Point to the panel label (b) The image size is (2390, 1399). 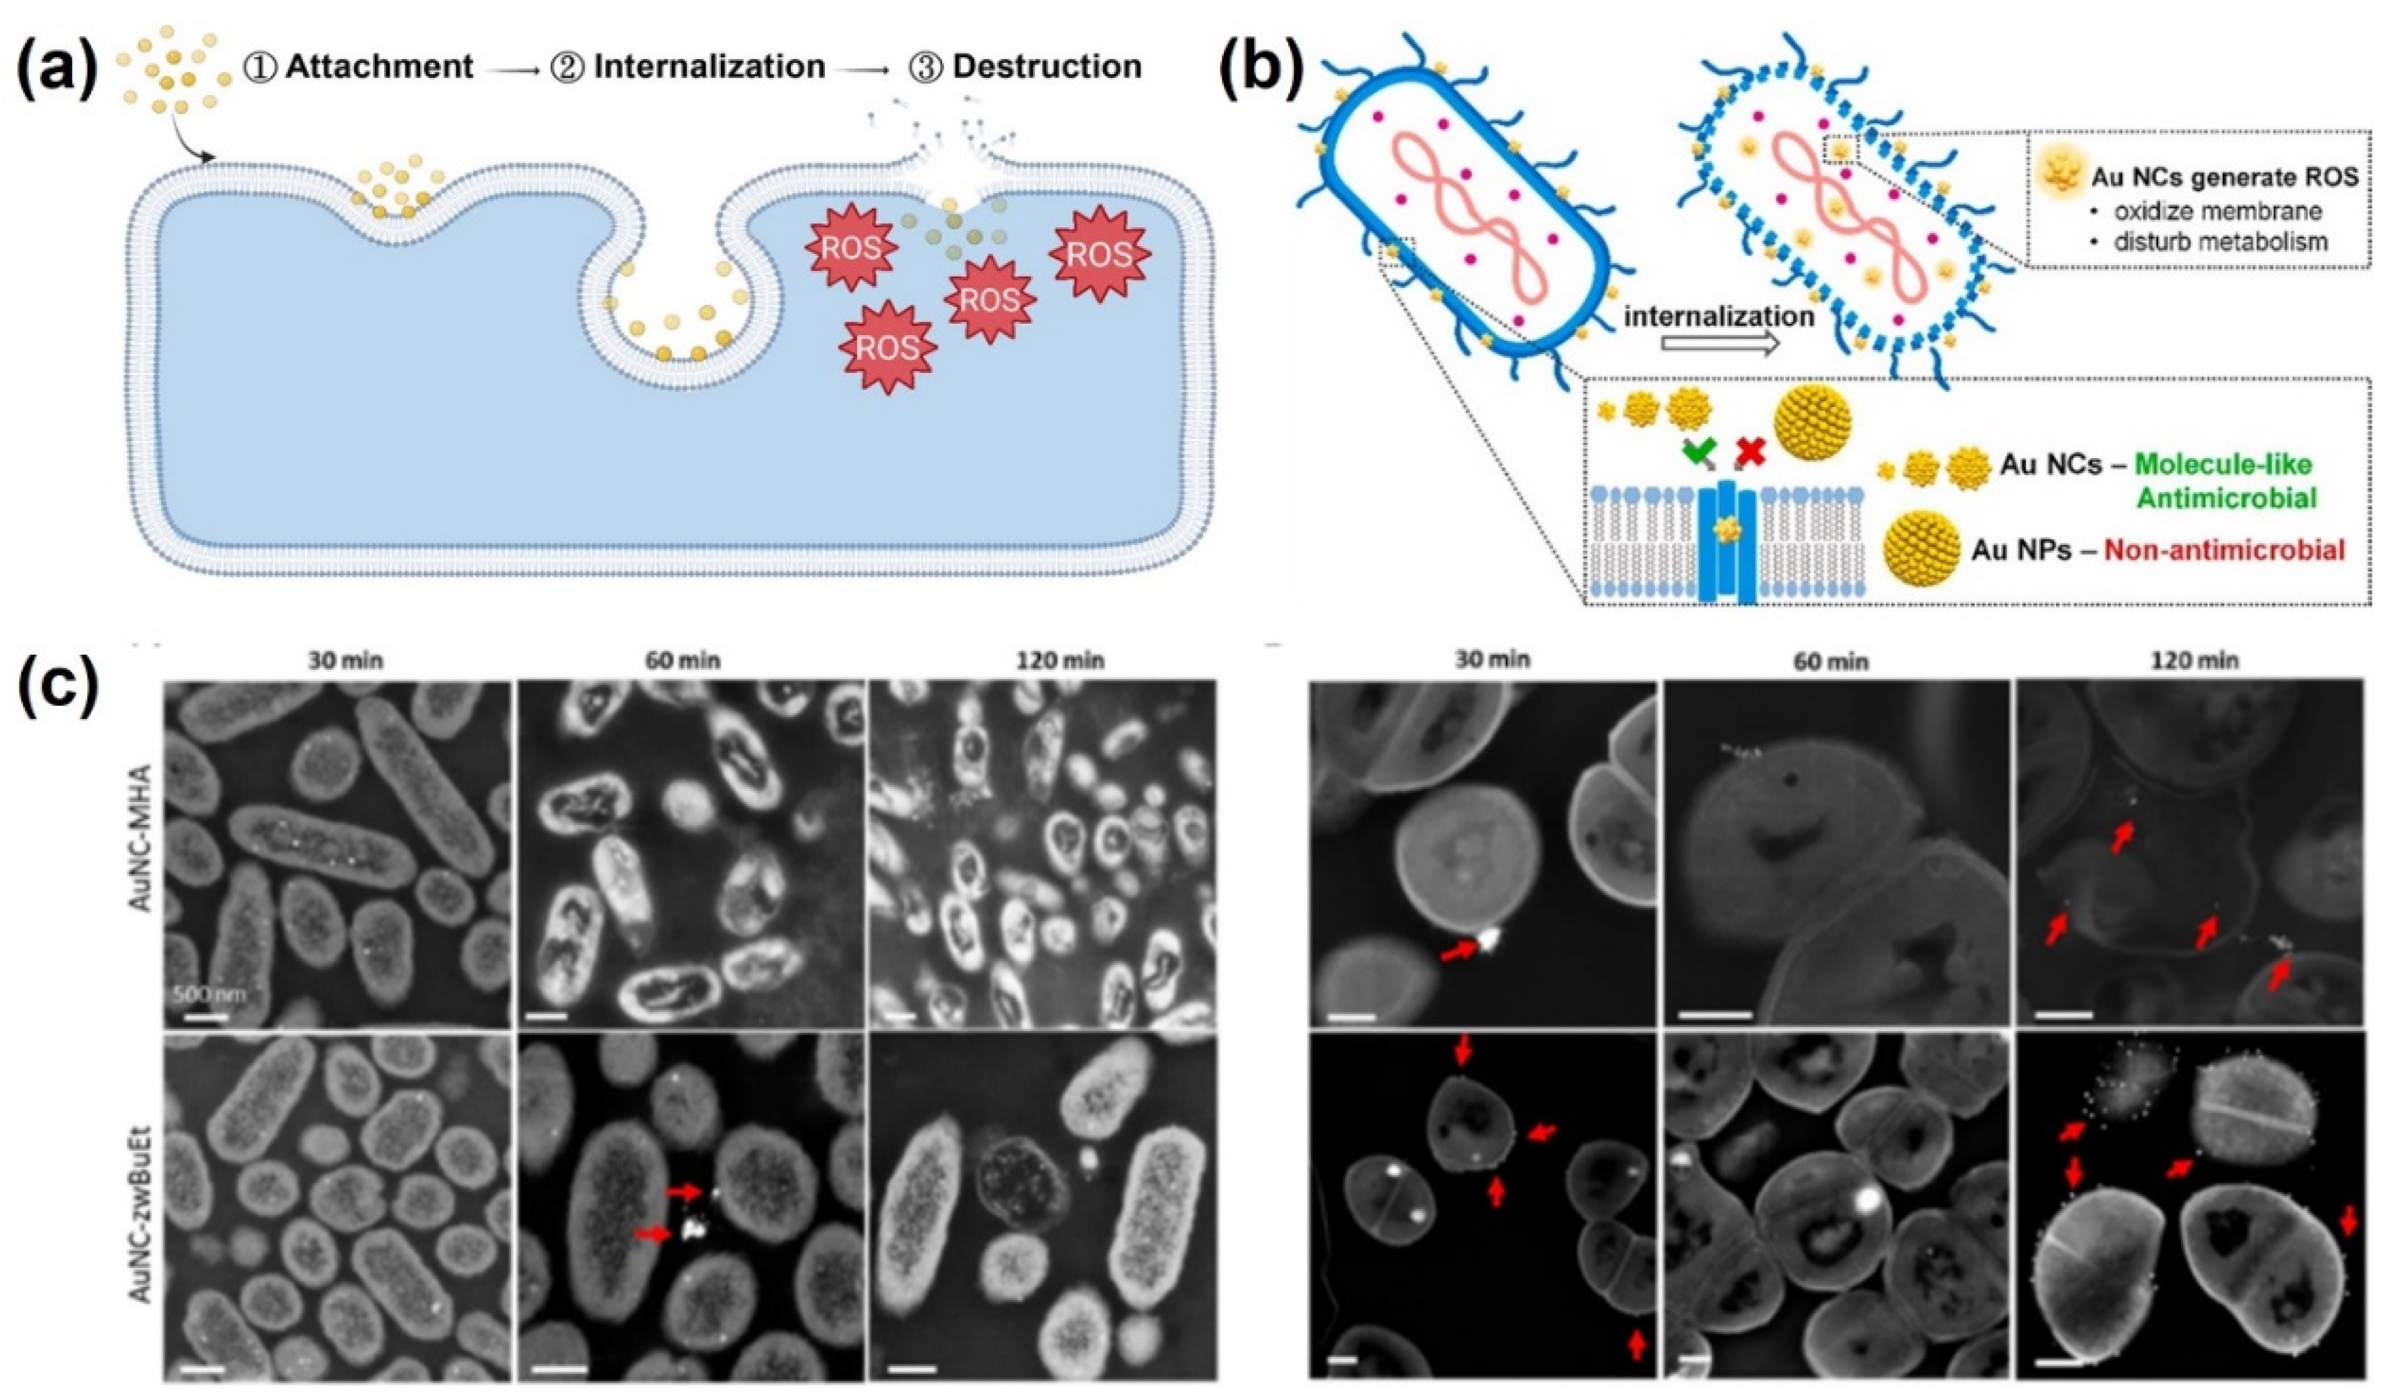click(1261, 68)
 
